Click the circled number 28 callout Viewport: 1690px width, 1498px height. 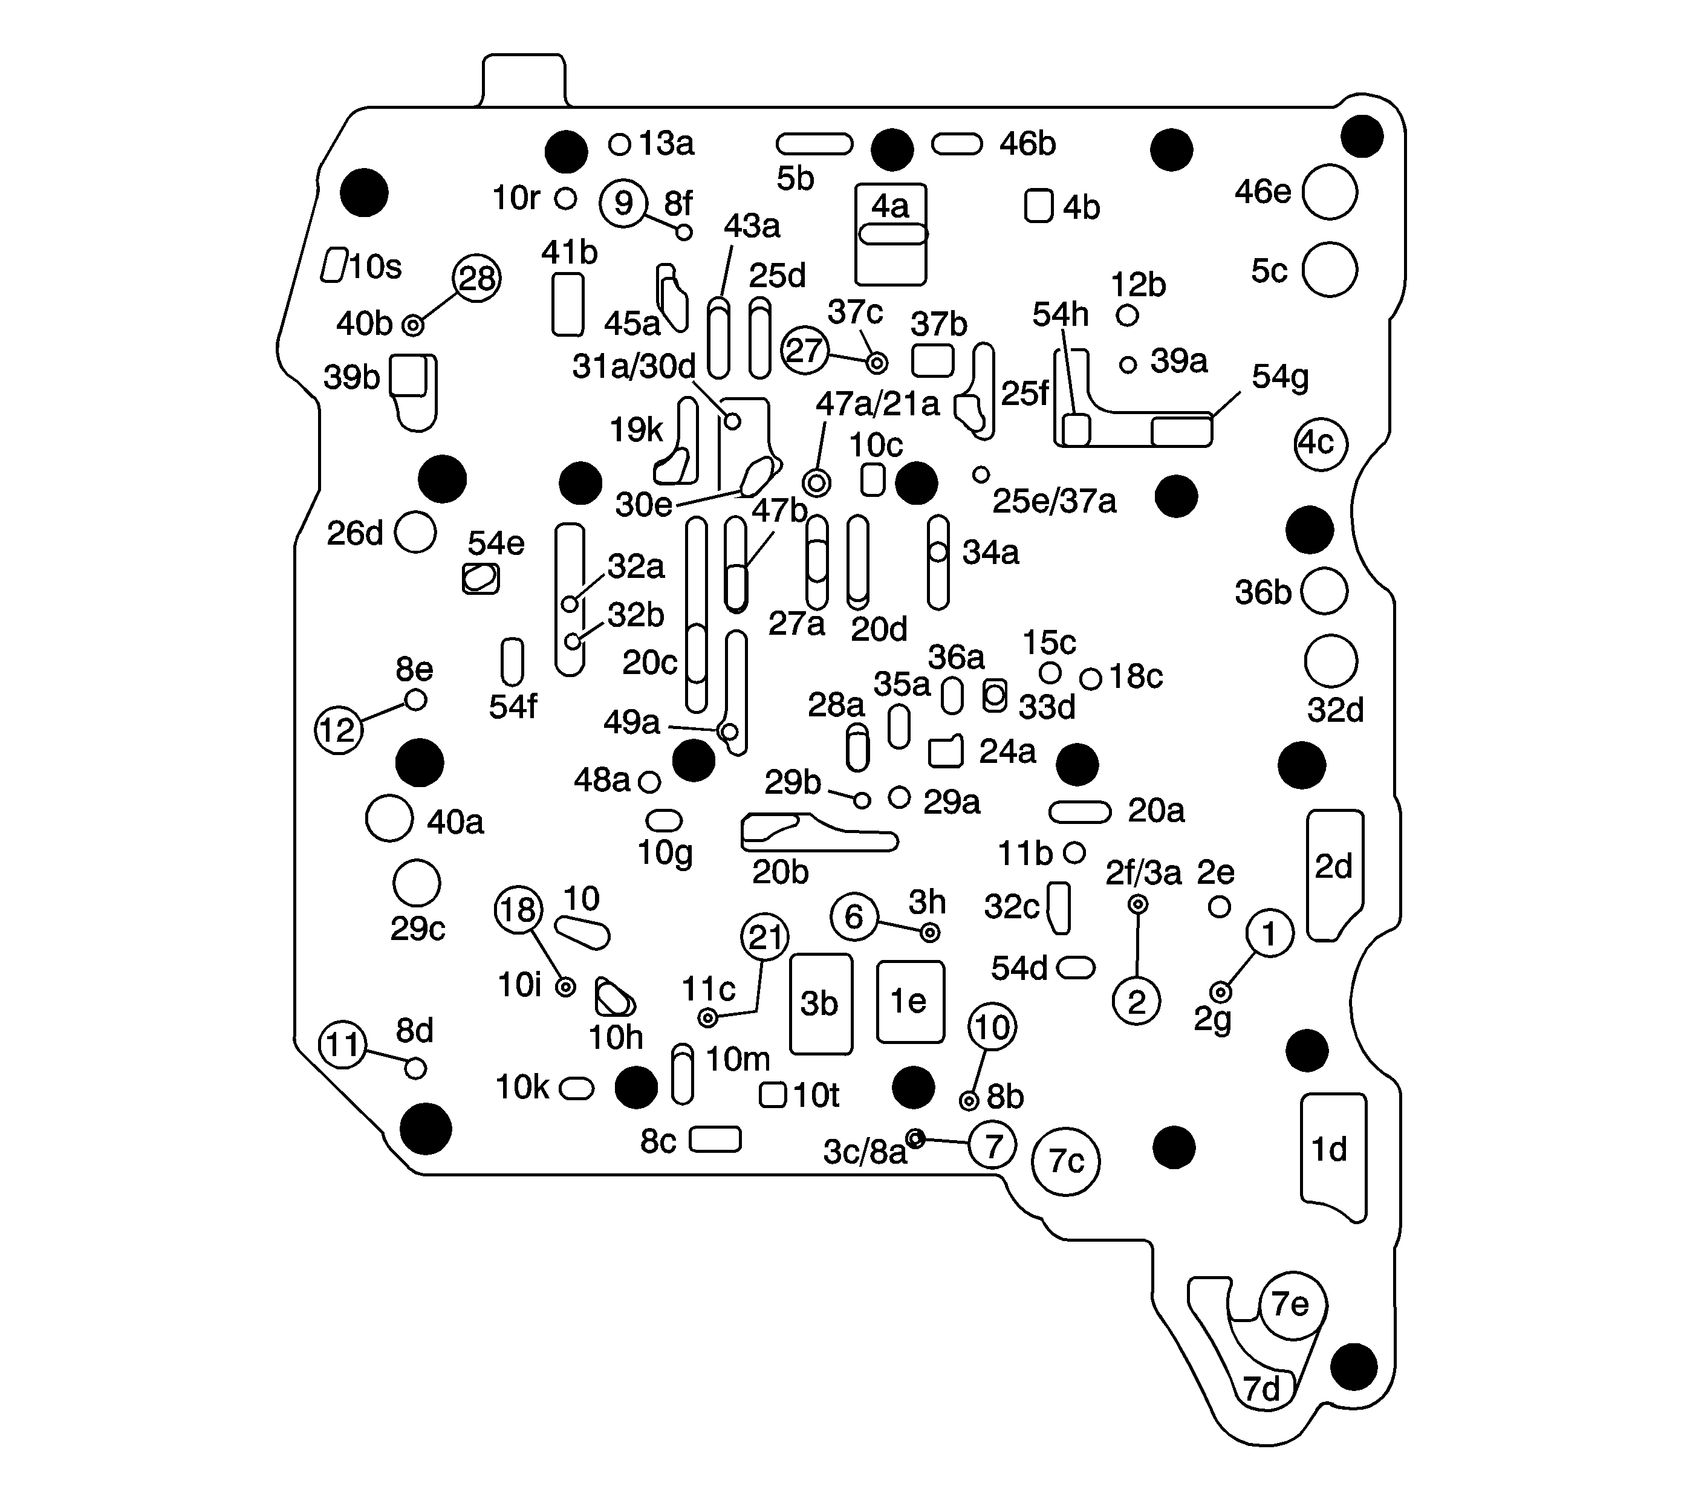point(477,279)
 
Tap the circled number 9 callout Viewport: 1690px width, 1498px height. point(623,203)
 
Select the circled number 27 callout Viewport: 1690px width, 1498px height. point(804,351)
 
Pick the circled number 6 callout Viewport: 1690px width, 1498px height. point(854,916)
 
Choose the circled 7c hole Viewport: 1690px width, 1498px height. point(1066,1161)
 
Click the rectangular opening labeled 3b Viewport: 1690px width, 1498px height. point(820,1004)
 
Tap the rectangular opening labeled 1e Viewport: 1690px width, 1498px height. point(909,1001)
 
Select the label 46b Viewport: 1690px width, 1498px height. point(1028,144)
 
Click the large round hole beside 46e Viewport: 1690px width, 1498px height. point(1330,192)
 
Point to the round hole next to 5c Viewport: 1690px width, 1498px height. point(1330,270)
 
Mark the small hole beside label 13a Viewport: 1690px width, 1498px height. point(619,144)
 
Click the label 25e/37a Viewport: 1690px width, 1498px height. point(1054,501)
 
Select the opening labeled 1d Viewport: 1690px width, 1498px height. point(1331,1154)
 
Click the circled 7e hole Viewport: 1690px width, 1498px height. point(1292,1305)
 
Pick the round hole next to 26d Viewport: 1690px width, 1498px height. point(415,531)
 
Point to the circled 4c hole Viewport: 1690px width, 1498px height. point(1321,444)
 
